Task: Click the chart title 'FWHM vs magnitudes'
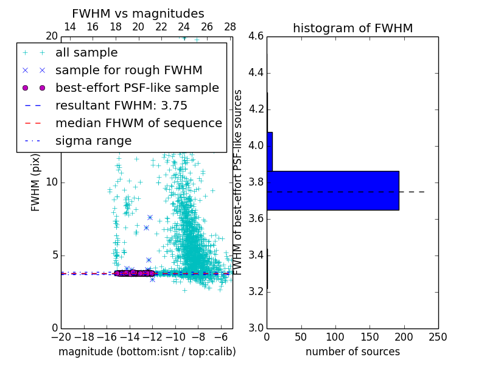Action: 138,13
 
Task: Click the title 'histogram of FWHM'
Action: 352,28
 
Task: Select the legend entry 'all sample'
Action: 86,53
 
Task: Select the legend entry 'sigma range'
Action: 93,141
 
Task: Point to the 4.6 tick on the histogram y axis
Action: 256,36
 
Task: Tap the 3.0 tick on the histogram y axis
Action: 256,328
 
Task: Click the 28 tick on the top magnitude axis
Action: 230,27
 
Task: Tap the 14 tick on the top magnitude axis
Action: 70,27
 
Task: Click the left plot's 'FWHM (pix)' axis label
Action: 36,182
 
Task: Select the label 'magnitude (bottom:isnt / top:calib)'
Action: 147,352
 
